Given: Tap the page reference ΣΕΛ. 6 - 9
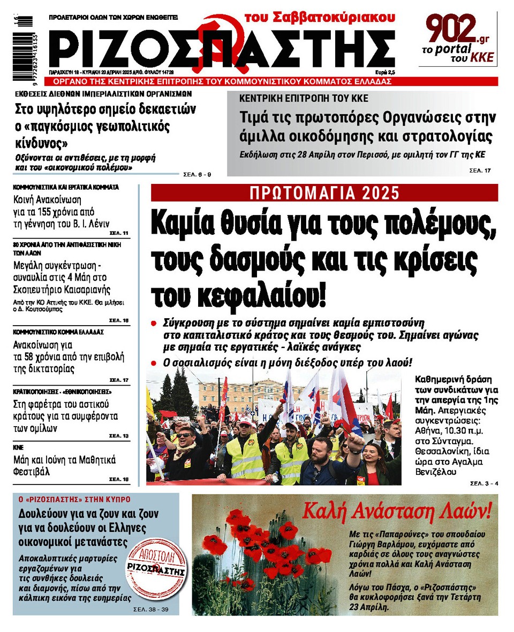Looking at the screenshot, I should pos(198,174).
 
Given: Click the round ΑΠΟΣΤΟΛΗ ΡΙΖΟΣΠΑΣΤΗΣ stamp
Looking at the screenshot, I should pos(157,569).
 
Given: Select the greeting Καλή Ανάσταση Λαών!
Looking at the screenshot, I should pos(396,512).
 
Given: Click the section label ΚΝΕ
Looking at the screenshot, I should pos(19,447).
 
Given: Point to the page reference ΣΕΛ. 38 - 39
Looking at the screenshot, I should pos(154,609).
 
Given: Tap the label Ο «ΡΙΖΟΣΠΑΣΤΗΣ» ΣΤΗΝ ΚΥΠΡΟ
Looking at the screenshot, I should pos(74,499).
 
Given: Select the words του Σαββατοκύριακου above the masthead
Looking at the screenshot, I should pos(320,17).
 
